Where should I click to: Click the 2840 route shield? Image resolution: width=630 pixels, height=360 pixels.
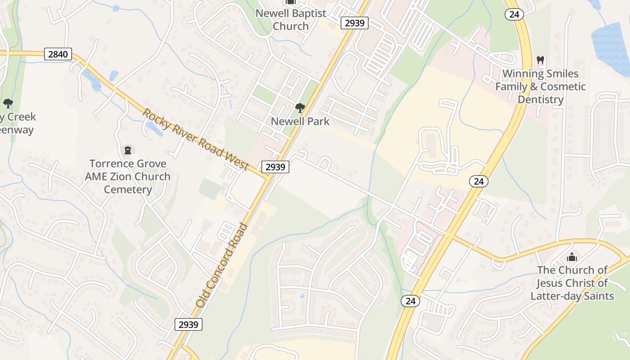pos(58,54)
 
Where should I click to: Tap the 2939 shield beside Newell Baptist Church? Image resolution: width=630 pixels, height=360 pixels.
pos(355,23)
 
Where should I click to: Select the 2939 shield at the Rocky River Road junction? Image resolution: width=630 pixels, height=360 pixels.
pos(275,167)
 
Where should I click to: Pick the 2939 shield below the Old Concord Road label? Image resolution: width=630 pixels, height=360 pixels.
pos(189,324)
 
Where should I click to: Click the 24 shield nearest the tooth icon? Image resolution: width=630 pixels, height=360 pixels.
pos(513,14)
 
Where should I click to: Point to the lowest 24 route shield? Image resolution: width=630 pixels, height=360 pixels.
pos(410,301)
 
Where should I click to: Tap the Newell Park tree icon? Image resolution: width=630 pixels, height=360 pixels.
pos(300,108)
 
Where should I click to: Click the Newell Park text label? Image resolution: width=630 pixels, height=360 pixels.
pos(300,121)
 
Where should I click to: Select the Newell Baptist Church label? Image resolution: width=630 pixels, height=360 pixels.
pos(291,19)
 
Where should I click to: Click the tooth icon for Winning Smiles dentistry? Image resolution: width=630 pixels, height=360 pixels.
pos(540,60)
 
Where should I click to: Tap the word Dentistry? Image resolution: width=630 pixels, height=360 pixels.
pos(540,99)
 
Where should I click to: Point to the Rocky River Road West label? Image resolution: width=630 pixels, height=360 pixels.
pos(196,139)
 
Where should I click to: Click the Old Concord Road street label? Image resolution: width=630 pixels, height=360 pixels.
pos(222,265)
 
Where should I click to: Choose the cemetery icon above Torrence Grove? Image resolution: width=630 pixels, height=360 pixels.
pos(128,149)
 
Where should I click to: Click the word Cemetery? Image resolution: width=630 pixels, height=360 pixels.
pos(128,189)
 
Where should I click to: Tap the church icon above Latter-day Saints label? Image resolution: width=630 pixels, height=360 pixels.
pos(572,257)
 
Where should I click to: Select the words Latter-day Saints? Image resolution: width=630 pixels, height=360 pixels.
pos(572,296)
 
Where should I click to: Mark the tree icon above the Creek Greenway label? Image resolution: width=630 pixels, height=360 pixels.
pos(8,104)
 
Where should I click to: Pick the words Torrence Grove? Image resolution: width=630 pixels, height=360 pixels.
pos(128,163)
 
